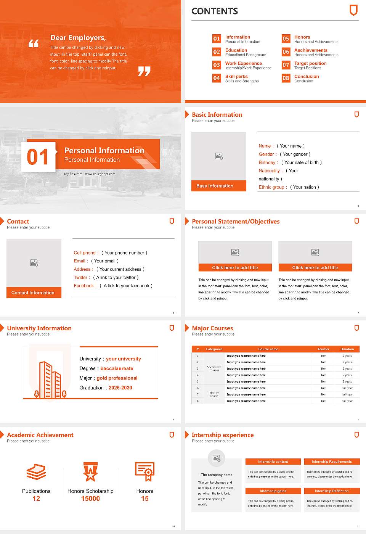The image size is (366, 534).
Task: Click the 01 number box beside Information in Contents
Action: pos(217,39)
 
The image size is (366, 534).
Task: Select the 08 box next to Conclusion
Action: pos(286,78)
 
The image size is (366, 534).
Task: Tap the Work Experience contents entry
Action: pos(243,63)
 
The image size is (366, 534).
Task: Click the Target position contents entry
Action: pos(310,63)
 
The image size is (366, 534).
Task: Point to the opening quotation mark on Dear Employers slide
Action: pos(34,43)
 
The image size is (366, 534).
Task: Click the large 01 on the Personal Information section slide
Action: pos(38,157)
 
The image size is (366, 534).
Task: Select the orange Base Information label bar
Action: pos(219,186)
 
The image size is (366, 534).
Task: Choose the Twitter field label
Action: pos(82,278)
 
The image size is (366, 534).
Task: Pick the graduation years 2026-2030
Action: pos(120,388)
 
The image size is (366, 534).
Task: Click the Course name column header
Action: pos(268,349)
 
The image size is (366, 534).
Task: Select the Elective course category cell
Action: pos(214,394)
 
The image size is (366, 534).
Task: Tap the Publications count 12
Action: pos(36,499)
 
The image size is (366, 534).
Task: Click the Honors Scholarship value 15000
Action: pos(90,499)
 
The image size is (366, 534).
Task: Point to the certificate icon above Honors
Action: pos(145,471)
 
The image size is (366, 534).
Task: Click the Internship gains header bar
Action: pos(273,491)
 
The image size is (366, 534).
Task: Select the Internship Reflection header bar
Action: pos(332,491)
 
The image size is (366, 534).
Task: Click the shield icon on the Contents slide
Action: pos(353,10)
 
